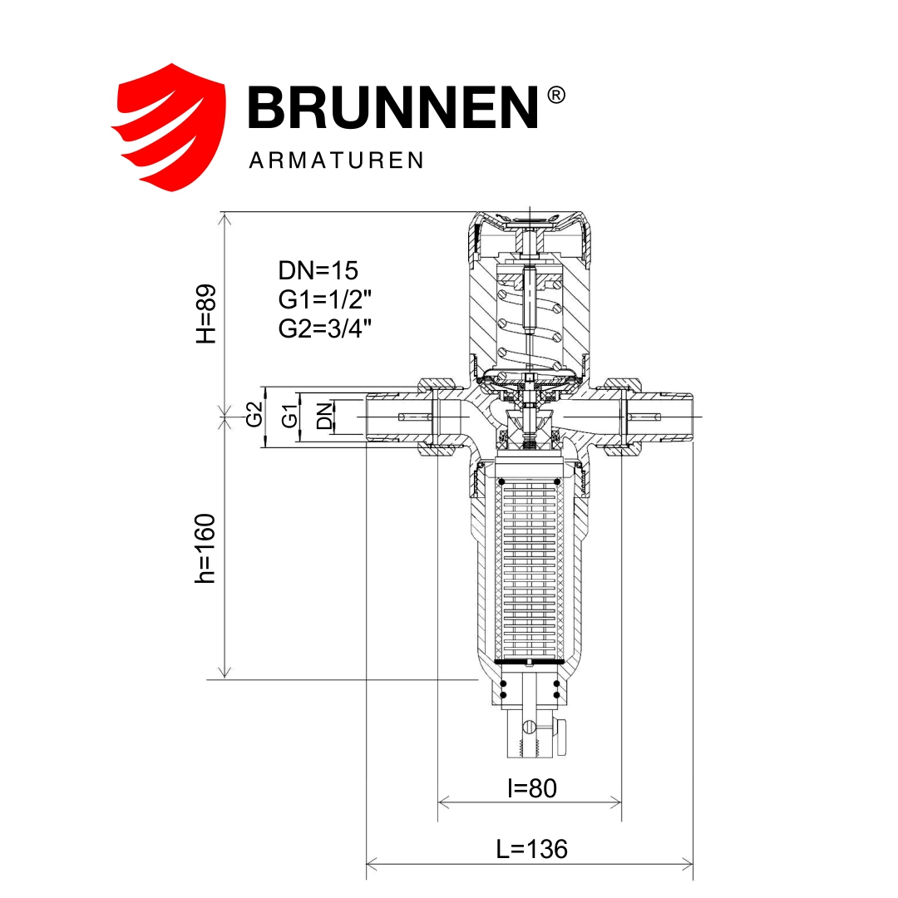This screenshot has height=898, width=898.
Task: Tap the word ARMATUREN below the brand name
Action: pyautogui.click(x=336, y=160)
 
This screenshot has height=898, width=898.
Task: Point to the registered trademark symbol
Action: pyautogui.click(x=556, y=95)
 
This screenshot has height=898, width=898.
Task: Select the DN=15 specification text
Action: pyautogui.click(x=318, y=270)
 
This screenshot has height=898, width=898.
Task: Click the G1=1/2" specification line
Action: pyautogui.click(x=324, y=299)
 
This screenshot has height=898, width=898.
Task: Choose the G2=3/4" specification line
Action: pyautogui.click(x=324, y=328)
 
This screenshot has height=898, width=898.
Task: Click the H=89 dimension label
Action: pyautogui.click(x=206, y=313)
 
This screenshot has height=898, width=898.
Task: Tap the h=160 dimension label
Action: pyautogui.click(x=205, y=548)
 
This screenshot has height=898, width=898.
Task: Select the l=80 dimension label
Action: pyautogui.click(x=531, y=787)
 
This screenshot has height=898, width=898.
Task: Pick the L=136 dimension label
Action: pyautogui.click(x=531, y=849)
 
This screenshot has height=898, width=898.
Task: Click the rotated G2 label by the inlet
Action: pyautogui.click(x=254, y=414)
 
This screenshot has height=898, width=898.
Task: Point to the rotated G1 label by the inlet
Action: pyautogui.click(x=289, y=415)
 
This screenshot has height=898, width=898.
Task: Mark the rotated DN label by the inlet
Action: pyautogui.click(x=324, y=415)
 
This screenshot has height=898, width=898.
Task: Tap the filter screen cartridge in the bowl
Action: pyautogui.click(x=530, y=570)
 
